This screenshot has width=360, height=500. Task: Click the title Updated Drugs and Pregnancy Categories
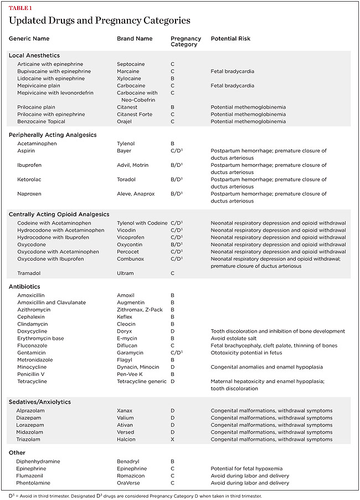click(100, 21)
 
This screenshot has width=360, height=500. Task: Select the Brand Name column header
click(135, 39)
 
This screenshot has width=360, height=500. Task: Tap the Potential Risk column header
click(230, 39)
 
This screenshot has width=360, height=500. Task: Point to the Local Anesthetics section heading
click(34, 55)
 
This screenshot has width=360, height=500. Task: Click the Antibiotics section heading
click(25, 287)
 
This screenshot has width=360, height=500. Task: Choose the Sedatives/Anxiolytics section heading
click(40, 402)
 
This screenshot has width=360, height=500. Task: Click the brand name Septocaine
click(131, 64)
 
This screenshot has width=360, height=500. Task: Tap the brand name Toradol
click(127, 180)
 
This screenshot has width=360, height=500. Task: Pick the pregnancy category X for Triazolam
click(173, 440)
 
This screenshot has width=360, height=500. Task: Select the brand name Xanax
click(125, 411)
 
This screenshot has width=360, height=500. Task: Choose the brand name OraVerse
click(129, 483)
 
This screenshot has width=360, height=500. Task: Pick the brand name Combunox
click(131, 259)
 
